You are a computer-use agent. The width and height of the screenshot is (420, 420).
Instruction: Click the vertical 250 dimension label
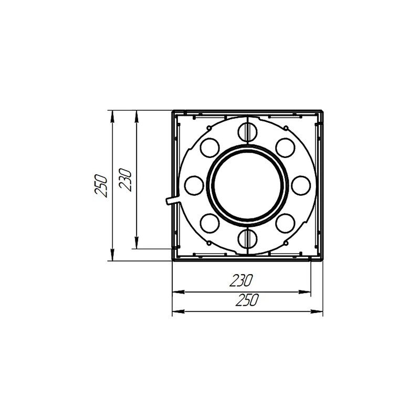[101, 186]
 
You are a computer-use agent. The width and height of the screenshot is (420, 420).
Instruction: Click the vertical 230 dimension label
[125, 180]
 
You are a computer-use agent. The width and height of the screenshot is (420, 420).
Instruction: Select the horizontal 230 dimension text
[241, 280]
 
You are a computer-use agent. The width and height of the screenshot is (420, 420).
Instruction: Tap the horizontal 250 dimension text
[247, 300]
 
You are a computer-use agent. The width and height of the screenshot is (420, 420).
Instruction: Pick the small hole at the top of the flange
[247, 132]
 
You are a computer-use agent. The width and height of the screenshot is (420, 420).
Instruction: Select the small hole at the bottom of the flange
[247, 238]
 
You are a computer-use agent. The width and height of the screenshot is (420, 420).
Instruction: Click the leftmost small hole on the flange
[194, 185]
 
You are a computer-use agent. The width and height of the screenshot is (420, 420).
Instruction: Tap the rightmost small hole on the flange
[301, 185]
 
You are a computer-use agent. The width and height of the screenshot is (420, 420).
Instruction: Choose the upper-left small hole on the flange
[209, 148]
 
